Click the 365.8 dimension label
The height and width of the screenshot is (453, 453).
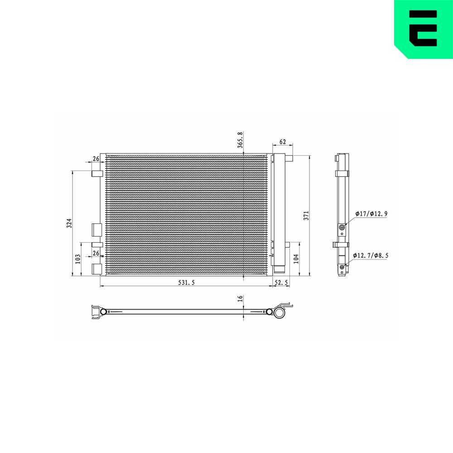click(x=241, y=139)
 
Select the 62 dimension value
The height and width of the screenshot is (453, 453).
click(x=282, y=142)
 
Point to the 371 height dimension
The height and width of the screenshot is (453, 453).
click(x=306, y=215)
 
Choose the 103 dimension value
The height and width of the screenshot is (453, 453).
click(x=78, y=259)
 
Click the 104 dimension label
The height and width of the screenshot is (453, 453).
click(x=296, y=259)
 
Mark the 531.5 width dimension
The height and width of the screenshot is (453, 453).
click(x=186, y=282)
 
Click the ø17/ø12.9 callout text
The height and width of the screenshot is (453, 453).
click(x=371, y=213)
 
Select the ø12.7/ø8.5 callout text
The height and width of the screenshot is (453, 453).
click(x=371, y=255)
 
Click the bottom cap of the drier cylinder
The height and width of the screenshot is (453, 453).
click(x=279, y=270)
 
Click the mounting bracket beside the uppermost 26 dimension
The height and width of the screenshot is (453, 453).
click(x=97, y=173)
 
